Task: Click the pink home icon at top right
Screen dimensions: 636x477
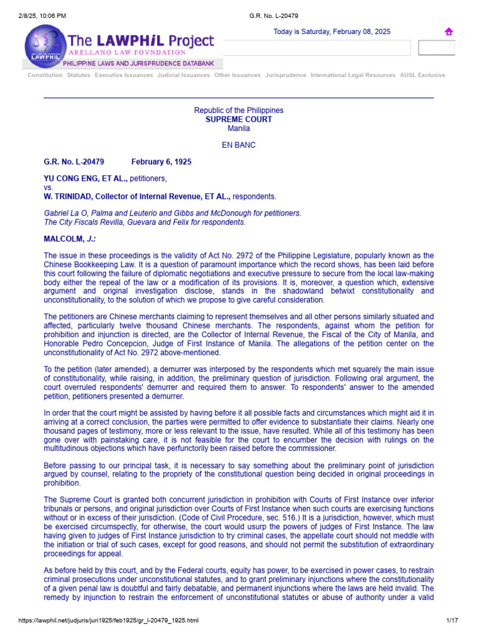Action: click(448, 32)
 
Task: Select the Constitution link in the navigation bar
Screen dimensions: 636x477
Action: click(45, 75)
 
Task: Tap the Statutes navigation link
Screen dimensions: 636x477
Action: click(79, 75)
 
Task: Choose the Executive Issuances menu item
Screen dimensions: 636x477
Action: click(124, 75)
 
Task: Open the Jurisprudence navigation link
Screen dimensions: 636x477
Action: click(286, 75)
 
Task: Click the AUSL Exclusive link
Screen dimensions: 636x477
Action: click(422, 75)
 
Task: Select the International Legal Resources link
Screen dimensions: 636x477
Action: click(353, 75)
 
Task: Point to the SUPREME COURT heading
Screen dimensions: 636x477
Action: click(238, 119)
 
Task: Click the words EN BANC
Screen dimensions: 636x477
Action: click(238, 145)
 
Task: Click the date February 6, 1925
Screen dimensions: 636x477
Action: click(161, 162)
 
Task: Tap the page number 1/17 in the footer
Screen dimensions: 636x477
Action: click(452, 620)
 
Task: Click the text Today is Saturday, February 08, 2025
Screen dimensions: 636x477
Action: click(332, 32)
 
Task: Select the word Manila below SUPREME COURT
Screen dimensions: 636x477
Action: click(238, 128)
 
